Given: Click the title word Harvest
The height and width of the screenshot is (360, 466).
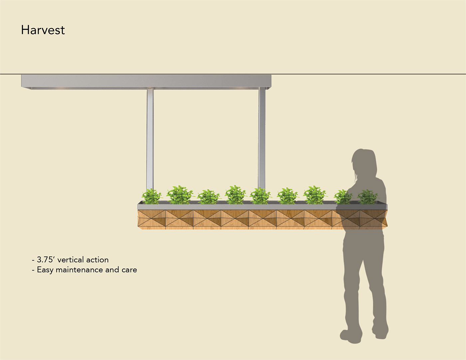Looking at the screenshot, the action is [43, 30].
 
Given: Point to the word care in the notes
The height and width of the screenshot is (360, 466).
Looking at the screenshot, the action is [129, 270].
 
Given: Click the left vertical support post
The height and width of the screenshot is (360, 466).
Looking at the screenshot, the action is [150, 138].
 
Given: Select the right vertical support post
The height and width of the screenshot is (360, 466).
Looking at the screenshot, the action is [262, 138].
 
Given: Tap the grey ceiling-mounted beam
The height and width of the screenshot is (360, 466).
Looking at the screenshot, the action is [146, 81].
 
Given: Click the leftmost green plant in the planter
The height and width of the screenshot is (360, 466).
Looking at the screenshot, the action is [152, 196].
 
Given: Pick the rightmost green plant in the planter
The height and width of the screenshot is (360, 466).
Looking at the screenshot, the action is [367, 197].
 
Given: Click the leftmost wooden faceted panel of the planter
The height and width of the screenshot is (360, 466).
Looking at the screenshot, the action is [151, 219].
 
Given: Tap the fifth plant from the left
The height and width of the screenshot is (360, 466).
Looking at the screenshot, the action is [260, 196].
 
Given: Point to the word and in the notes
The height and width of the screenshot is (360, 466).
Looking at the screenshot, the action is [112, 270].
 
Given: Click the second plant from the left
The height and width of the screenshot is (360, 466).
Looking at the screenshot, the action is [179, 195].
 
